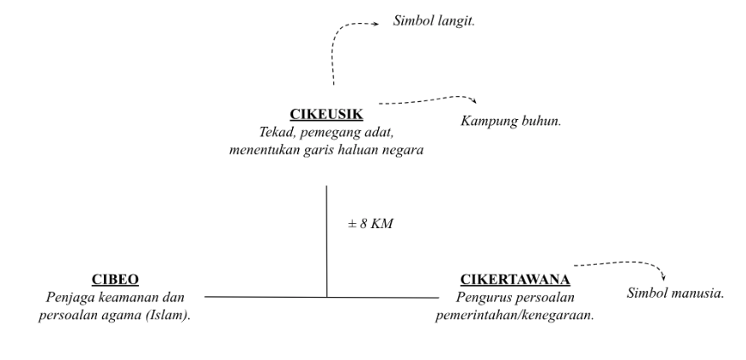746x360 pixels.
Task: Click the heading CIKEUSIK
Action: [328, 113]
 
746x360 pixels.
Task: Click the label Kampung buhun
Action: [510, 121]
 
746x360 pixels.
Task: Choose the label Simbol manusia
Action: [675, 294]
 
